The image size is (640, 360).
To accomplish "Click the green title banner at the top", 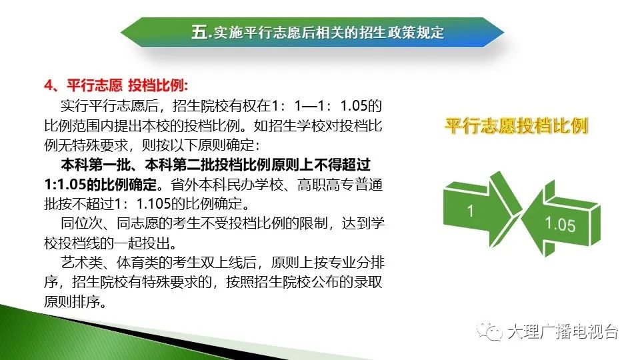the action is coord(312,32).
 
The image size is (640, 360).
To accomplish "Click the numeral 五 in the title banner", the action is coord(199,32).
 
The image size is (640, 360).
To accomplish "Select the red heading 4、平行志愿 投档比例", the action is coord(116,85).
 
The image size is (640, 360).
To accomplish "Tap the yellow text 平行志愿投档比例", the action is coord(516,126).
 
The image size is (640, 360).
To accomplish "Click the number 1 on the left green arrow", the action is coord(470,211).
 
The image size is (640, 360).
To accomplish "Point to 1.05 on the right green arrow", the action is coord(560,225).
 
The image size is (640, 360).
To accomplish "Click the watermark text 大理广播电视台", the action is coord(563,331).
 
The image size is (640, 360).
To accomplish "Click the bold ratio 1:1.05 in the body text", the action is coord(65,185).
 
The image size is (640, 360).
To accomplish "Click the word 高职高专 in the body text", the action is coord(326,185).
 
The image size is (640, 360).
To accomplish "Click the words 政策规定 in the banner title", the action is coord(415,32).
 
